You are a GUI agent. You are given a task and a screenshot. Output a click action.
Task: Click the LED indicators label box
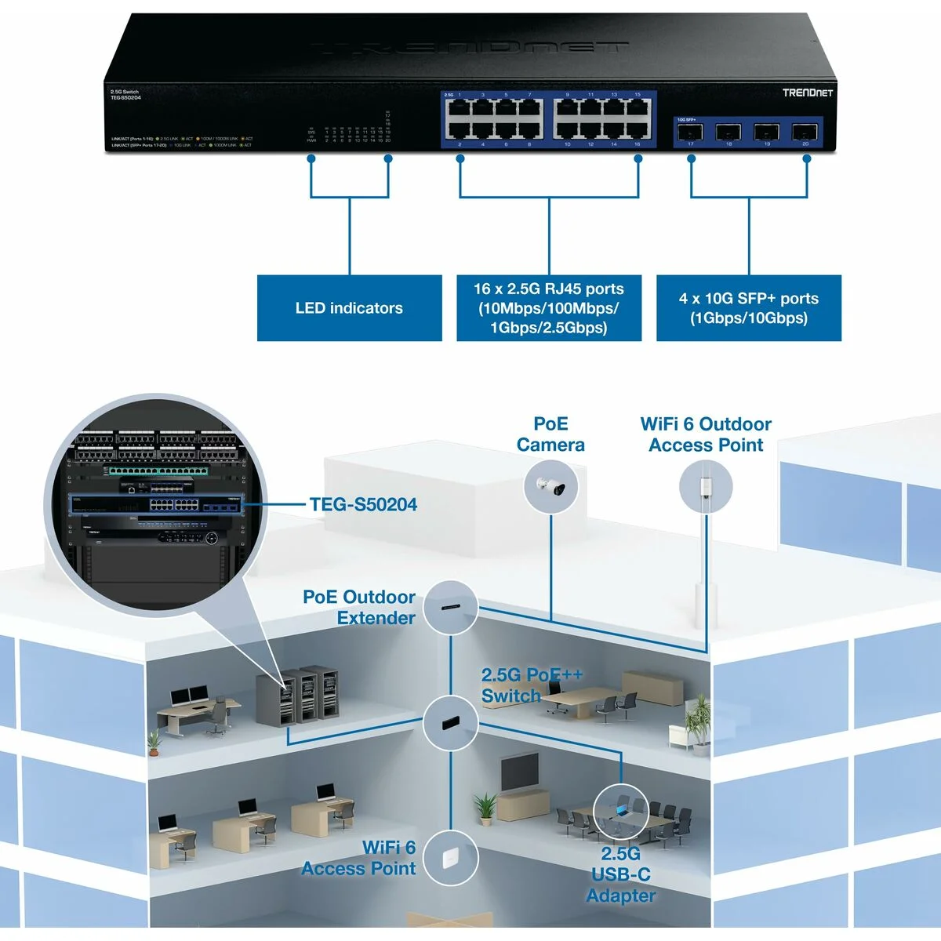coord(349,308)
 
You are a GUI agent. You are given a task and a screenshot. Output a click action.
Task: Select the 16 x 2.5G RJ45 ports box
coord(549,308)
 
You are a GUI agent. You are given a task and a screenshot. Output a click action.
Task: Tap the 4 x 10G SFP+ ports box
coord(748,308)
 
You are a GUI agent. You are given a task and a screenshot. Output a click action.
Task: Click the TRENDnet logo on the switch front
coord(807,93)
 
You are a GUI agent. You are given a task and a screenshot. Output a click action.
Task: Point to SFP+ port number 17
coord(691,132)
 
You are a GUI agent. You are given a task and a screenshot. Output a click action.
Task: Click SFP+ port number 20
coord(805,132)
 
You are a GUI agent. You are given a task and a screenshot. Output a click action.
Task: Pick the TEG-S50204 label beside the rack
coord(363,504)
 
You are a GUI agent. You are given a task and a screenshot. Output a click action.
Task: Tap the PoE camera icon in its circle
coord(551,487)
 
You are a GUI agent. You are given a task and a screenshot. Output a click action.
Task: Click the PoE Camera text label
coord(550,434)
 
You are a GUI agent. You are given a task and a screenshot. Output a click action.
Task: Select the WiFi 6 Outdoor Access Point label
coord(706,434)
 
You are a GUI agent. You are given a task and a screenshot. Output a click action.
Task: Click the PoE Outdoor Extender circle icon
coord(451,607)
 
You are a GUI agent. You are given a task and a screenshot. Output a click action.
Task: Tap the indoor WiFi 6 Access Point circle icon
coord(451,858)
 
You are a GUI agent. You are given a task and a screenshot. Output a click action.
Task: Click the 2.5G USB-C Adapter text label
coord(620,874)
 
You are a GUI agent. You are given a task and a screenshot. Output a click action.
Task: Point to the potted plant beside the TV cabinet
coord(485,808)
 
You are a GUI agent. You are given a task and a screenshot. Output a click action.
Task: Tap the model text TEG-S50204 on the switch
coord(125,98)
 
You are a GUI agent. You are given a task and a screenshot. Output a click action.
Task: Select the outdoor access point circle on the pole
coord(706,487)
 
